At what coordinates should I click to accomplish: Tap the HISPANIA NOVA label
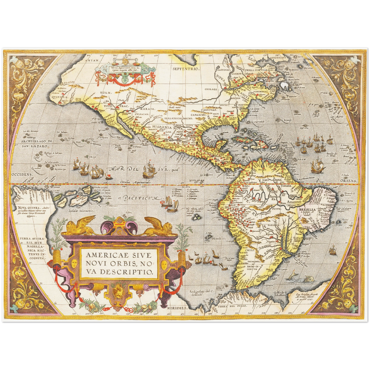tap(164, 126)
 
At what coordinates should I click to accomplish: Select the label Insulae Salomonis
tap(81, 211)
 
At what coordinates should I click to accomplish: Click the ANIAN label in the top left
tap(93, 61)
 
